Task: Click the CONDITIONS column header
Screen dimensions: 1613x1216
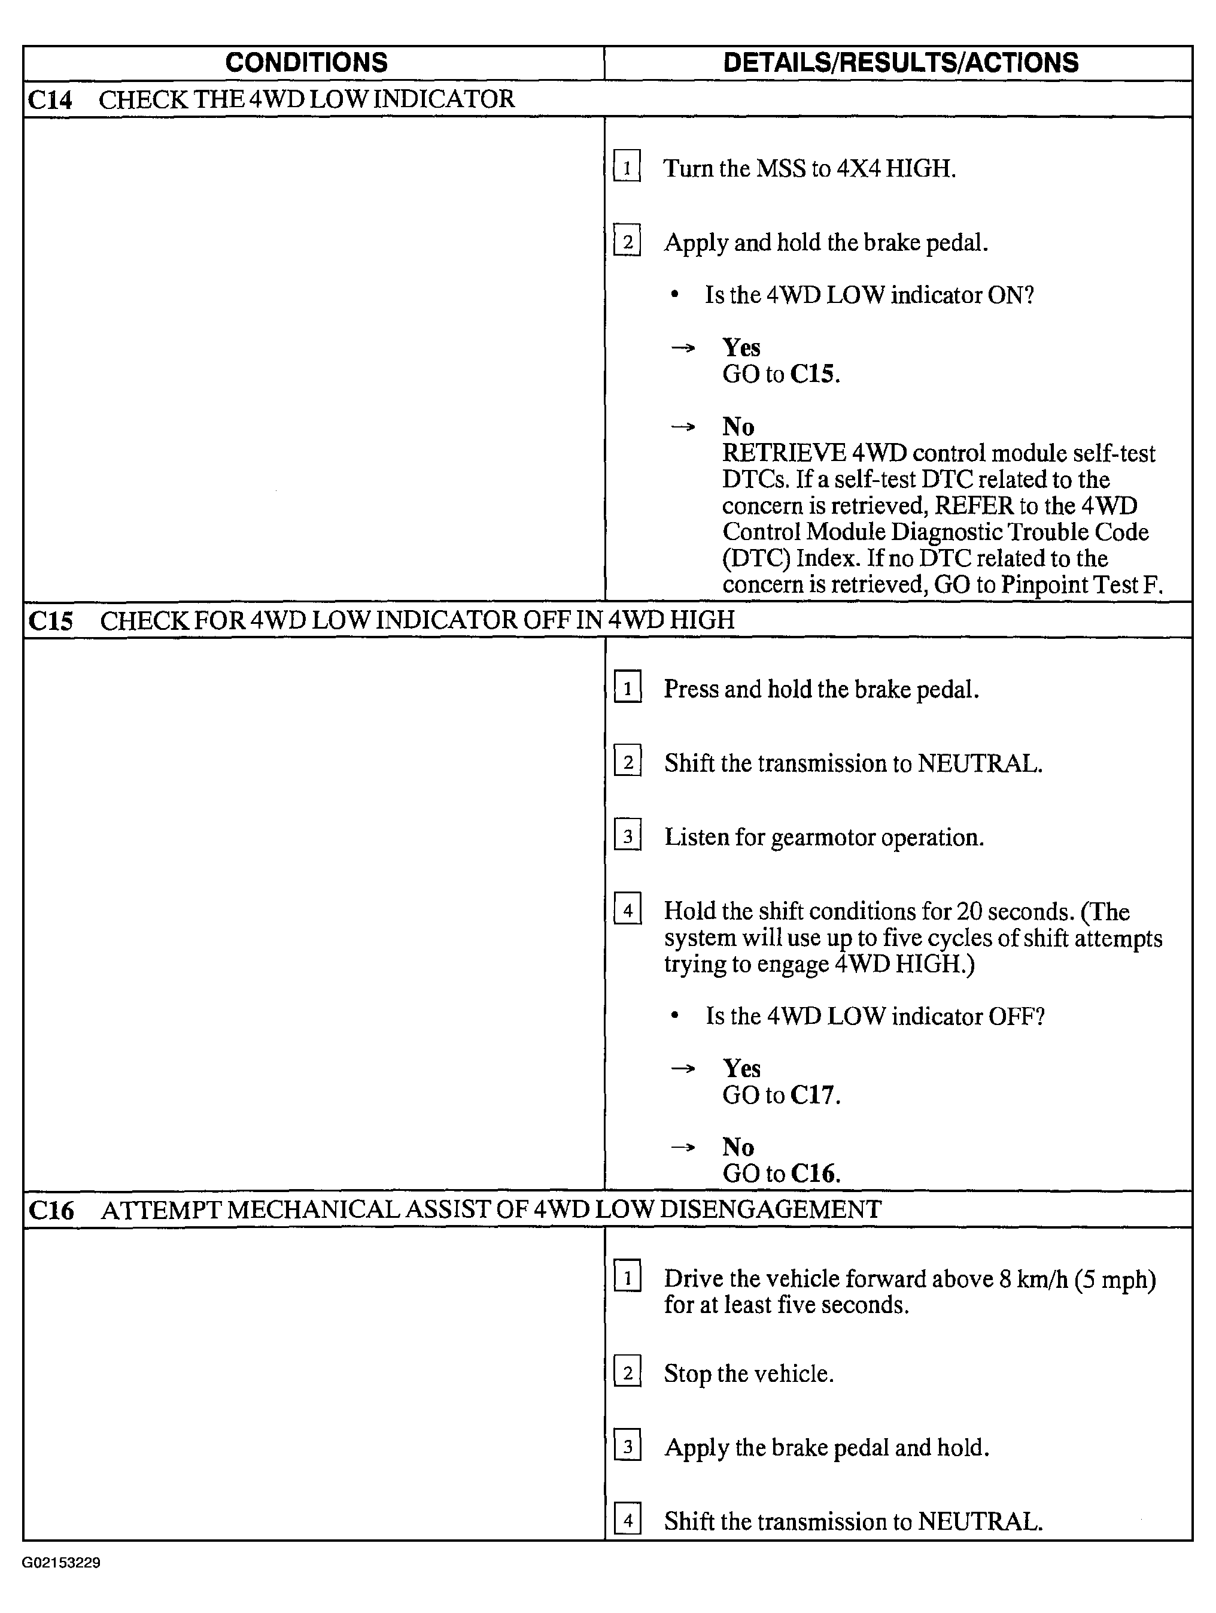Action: [306, 63]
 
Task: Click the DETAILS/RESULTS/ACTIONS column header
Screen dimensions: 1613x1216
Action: [901, 63]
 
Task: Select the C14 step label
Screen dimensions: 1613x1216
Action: [50, 100]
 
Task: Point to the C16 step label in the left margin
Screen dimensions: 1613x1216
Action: [51, 1211]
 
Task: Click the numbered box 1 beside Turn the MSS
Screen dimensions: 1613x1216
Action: [627, 167]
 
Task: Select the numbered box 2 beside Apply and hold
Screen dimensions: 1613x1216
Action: [627, 241]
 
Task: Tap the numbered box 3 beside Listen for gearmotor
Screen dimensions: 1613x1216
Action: [628, 836]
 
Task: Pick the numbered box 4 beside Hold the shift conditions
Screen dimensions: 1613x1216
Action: [628, 909]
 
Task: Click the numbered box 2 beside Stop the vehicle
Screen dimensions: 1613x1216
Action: [628, 1372]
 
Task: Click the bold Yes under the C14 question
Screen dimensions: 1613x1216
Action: [741, 347]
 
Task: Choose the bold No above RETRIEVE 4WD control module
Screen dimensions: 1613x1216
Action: [738, 426]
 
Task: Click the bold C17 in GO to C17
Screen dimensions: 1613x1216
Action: [814, 1095]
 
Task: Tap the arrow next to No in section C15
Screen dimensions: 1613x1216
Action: [682, 1148]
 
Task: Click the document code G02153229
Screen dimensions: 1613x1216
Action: [61, 1563]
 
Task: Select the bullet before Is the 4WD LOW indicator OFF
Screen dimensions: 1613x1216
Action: [675, 1016]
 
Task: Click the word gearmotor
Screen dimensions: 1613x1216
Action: [822, 838]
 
